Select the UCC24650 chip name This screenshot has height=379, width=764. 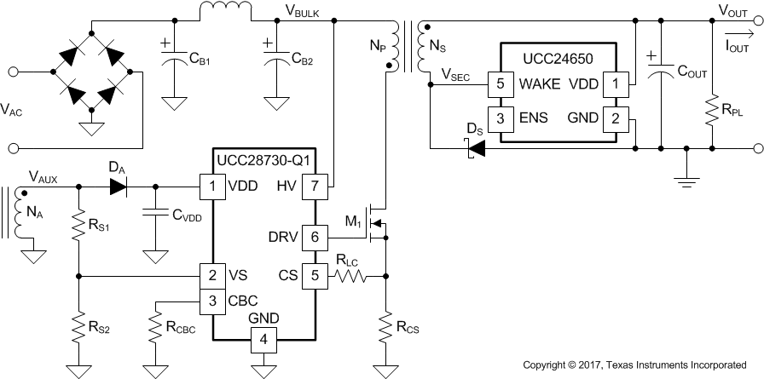(558, 60)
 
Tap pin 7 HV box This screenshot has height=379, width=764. (315, 185)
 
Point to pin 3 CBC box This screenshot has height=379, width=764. (210, 300)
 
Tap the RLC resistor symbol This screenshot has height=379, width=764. (350, 275)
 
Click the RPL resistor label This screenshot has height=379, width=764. (731, 109)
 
